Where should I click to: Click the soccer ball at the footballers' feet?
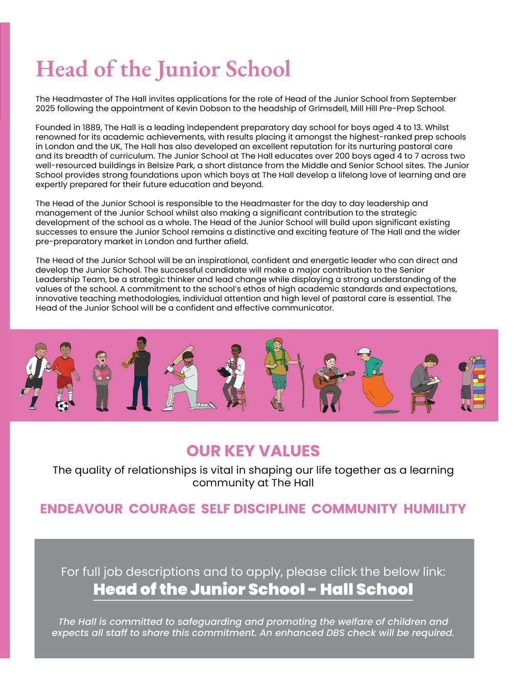point(62,407)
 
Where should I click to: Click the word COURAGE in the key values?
point(162,509)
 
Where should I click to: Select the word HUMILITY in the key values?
point(435,509)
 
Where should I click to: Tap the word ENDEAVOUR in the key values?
point(81,509)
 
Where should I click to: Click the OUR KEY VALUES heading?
point(253,451)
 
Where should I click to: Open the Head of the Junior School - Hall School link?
point(253,589)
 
